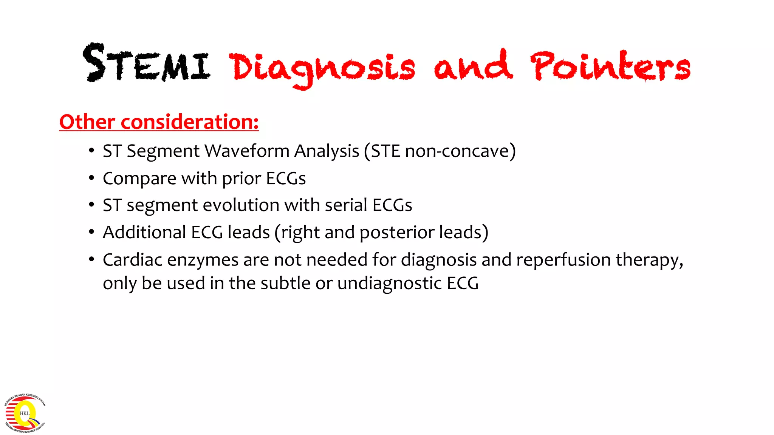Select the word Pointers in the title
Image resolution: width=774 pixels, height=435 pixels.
[610, 66]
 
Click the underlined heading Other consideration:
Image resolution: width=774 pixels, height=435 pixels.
[159, 122]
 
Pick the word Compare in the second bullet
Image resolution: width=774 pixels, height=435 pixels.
[139, 179]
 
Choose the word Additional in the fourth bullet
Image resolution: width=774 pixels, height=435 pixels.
[144, 232]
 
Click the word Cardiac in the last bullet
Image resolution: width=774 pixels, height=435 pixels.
[132, 260]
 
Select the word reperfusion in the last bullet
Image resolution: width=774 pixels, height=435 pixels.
[563, 260]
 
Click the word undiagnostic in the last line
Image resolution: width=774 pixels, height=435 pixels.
[389, 284]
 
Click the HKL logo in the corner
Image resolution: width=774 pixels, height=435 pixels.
[25, 413]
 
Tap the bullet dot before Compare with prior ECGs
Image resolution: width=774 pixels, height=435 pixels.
[91, 178]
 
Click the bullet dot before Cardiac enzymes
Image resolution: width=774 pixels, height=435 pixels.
[91, 259]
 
